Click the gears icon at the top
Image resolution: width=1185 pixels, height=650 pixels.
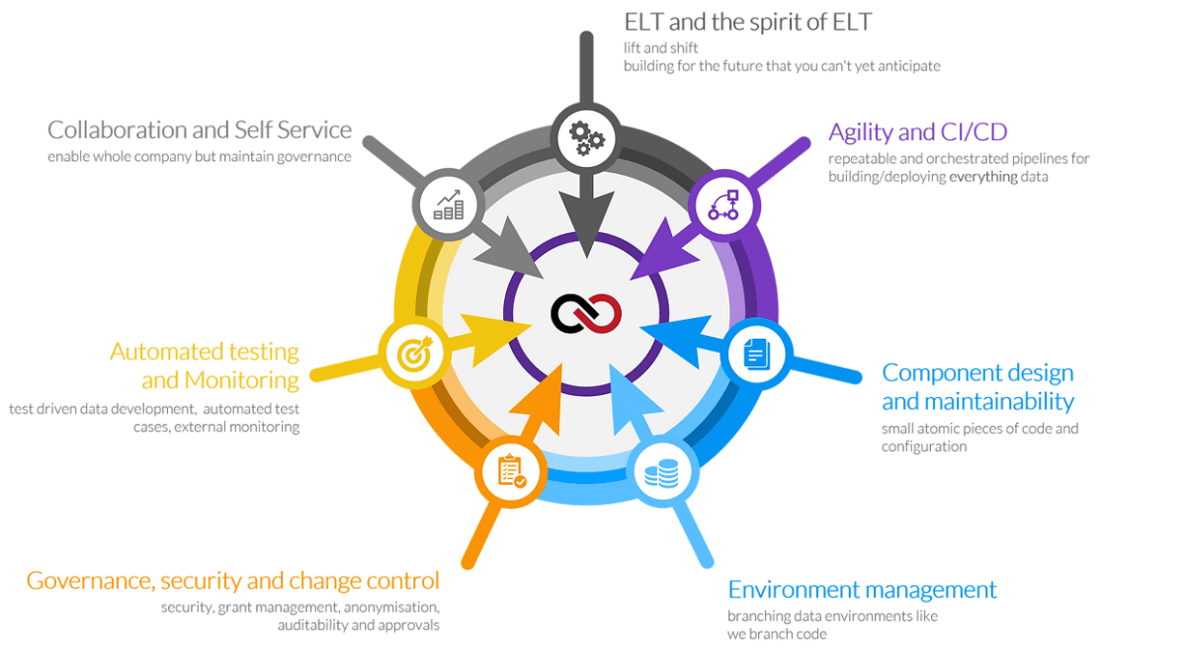586,137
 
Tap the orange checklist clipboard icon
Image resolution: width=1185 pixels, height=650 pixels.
511,473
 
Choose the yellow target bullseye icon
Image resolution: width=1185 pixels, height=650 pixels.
410,351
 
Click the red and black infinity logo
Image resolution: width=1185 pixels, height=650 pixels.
587,314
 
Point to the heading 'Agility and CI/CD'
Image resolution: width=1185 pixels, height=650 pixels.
918,132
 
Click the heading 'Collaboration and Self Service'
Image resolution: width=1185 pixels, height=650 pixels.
199,129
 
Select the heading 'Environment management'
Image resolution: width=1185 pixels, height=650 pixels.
862,591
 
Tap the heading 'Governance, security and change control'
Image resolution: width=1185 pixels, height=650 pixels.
233,580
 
